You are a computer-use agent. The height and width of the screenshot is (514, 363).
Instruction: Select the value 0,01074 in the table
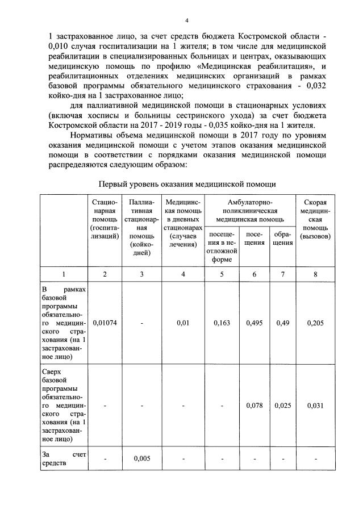105,323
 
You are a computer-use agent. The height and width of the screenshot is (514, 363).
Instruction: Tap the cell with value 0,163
222,323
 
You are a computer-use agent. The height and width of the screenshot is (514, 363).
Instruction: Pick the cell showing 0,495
254,323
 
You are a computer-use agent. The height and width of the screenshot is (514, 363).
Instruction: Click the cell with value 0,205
315,323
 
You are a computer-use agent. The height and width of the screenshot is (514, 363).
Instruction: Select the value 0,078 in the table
254,406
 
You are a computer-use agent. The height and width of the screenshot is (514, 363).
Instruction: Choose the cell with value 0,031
315,406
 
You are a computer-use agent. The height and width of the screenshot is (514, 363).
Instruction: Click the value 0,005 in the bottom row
141,458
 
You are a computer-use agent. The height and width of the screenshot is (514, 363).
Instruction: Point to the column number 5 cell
222,275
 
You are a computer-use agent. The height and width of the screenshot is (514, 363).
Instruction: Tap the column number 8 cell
315,275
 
